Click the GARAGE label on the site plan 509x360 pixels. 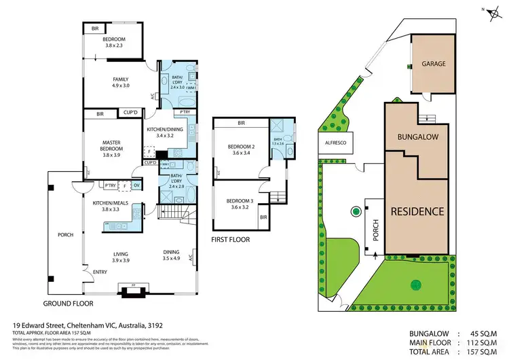click(434, 63)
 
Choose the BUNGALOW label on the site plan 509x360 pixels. click(417, 137)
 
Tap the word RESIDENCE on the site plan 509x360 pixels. click(417, 211)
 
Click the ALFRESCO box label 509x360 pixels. click(333, 143)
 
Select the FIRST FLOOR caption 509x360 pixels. click(231, 240)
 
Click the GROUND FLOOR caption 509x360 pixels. click(68, 303)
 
